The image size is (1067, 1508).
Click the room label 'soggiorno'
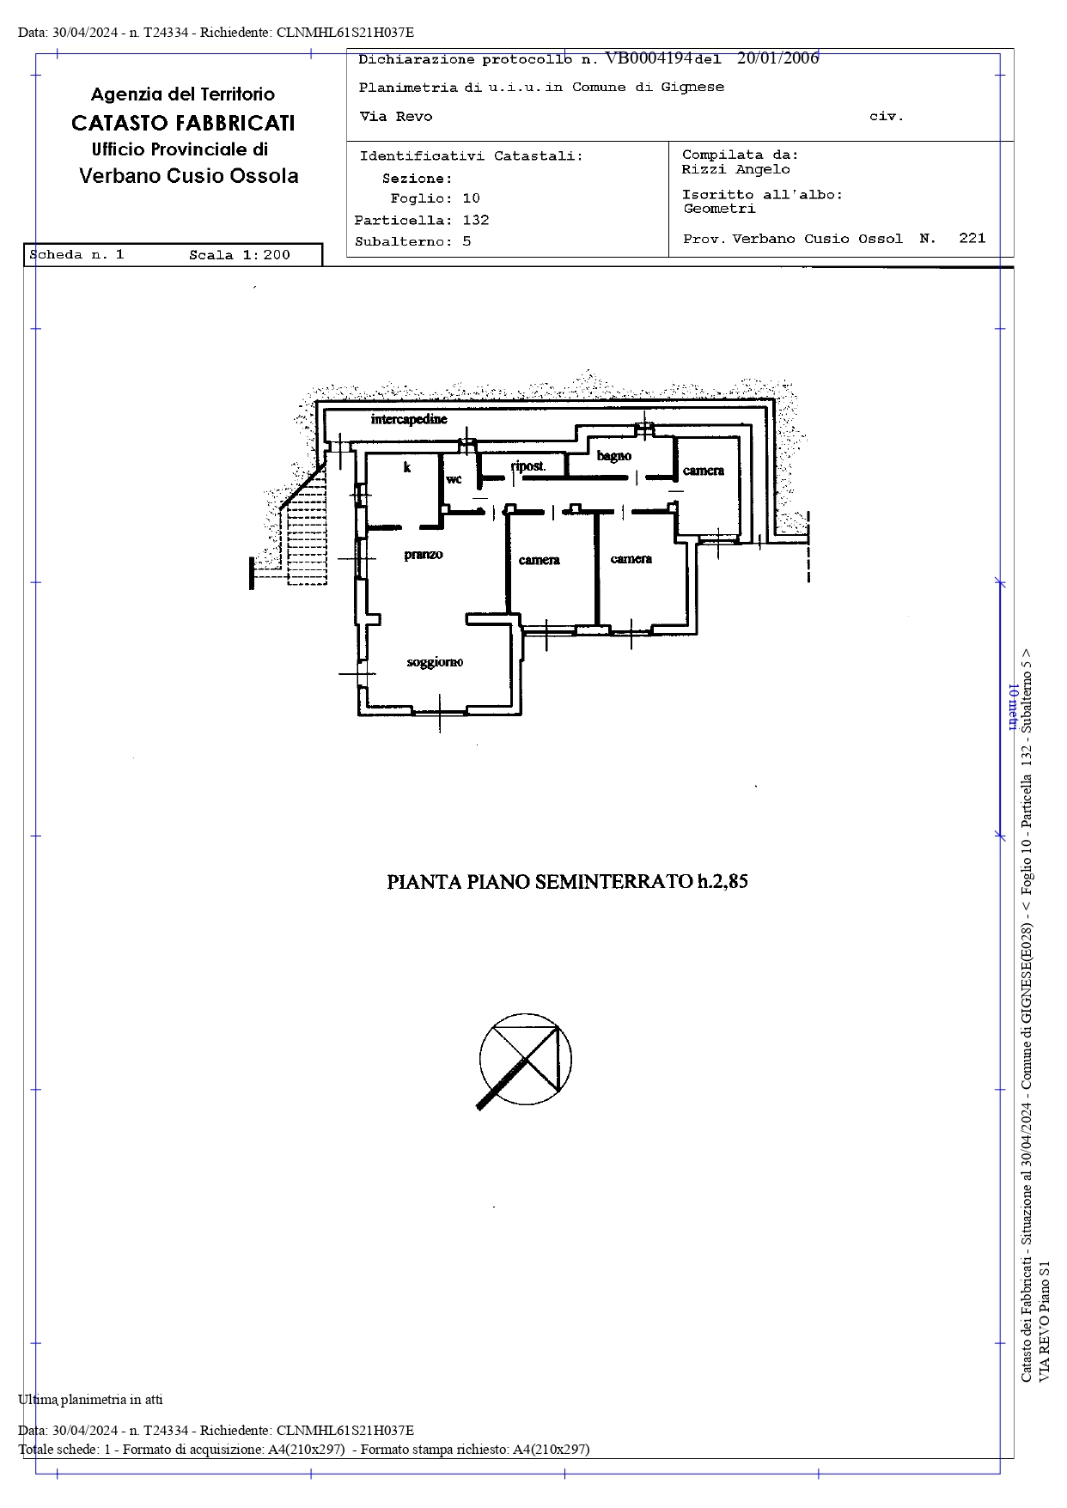coord(435,661)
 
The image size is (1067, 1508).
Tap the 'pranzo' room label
coord(424,555)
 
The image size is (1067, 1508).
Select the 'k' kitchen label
coord(407,467)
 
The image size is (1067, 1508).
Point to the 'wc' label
coord(454,479)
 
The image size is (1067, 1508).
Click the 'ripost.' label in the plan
coord(528,466)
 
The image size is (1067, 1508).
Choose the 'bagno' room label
coord(614,456)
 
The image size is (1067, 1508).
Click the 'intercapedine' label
coord(409,419)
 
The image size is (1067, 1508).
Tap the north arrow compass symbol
coord(524,1061)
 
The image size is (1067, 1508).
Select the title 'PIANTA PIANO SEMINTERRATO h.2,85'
coord(567,881)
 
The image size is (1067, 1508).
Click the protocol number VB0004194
coord(649,58)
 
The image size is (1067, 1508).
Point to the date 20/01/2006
coord(777,58)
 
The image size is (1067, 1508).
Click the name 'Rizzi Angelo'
coord(736,169)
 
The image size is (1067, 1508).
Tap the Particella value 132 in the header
coord(476,220)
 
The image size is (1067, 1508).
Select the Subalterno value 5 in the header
coord(466,241)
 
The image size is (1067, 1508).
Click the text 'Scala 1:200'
coord(240,255)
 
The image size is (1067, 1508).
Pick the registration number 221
coord(972,239)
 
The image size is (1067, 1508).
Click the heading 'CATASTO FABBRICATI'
coord(183,123)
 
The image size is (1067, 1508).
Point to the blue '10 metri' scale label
coord(1012,708)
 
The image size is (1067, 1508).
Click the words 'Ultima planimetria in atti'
coord(90,1399)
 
